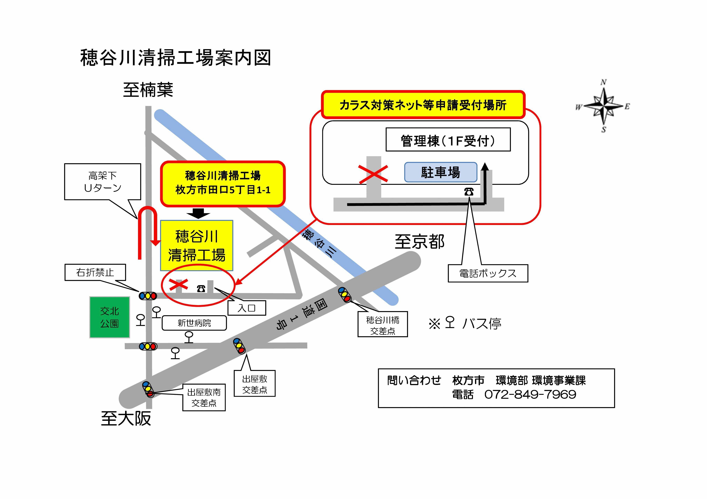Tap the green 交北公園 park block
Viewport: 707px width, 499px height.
(110, 317)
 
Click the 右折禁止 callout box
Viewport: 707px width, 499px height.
(95, 272)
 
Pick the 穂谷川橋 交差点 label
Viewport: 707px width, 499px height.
(382, 325)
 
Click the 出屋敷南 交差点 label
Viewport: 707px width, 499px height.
(204, 398)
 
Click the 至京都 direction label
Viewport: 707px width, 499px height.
(419, 242)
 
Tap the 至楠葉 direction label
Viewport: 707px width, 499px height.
(148, 90)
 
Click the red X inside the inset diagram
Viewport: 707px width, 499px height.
(373, 174)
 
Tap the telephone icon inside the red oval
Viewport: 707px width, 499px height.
(201, 288)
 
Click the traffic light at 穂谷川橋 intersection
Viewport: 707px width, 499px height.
(344, 294)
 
